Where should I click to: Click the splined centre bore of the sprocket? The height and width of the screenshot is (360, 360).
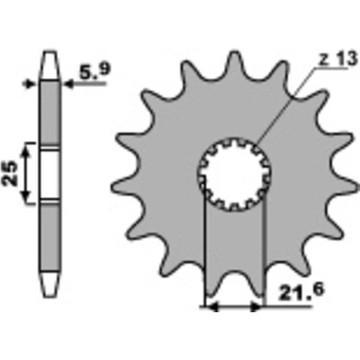tap(235, 174)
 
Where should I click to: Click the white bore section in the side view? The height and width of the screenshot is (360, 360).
tap(50, 175)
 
